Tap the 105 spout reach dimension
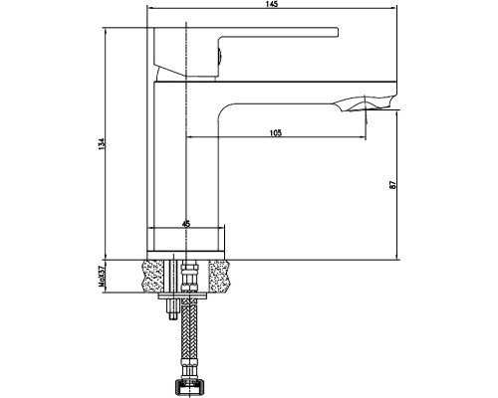[x=276, y=133]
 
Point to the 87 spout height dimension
[x=392, y=185]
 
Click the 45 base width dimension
[x=186, y=224]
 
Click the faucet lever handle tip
[x=337, y=32]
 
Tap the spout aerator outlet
[x=366, y=103]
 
